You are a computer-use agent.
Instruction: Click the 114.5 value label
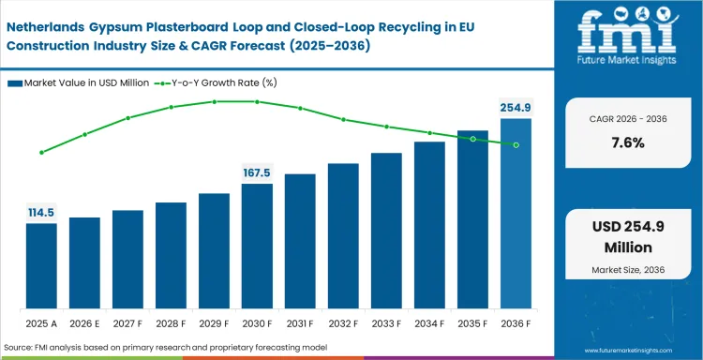[41, 212]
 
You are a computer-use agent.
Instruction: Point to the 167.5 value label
[257, 172]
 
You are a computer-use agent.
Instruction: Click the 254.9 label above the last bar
[516, 108]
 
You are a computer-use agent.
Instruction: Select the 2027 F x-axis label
[127, 323]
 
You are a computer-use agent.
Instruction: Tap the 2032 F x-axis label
[343, 323]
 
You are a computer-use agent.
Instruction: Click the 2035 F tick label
[472, 323]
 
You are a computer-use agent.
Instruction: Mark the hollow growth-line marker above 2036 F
[516, 144]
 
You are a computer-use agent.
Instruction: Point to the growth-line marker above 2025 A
[41, 152]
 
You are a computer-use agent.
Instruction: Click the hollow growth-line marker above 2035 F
[472, 139]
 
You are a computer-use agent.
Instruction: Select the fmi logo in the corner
[630, 42]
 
